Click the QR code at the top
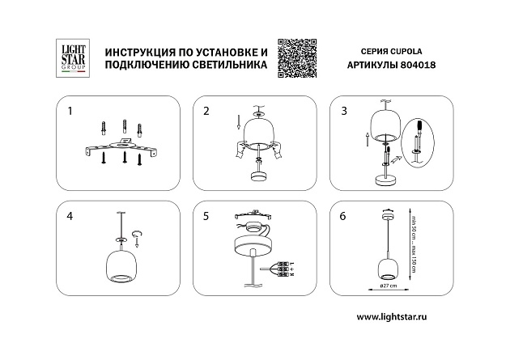point(296,56)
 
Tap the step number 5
point(206,216)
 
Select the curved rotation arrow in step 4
point(137,237)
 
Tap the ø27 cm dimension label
point(388,287)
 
